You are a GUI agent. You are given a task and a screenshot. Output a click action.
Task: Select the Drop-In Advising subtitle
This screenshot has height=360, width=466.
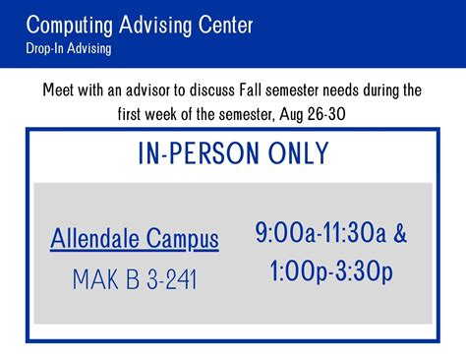(x=69, y=47)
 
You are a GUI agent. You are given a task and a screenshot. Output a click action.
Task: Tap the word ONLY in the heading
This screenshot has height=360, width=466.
(x=295, y=154)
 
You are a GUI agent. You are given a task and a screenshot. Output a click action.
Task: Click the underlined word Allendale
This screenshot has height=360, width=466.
(x=96, y=238)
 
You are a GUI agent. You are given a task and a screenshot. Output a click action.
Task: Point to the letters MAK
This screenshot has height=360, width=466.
(x=92, y=280)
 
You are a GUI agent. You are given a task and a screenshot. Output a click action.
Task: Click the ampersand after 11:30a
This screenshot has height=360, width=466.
(x=399, y=234)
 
